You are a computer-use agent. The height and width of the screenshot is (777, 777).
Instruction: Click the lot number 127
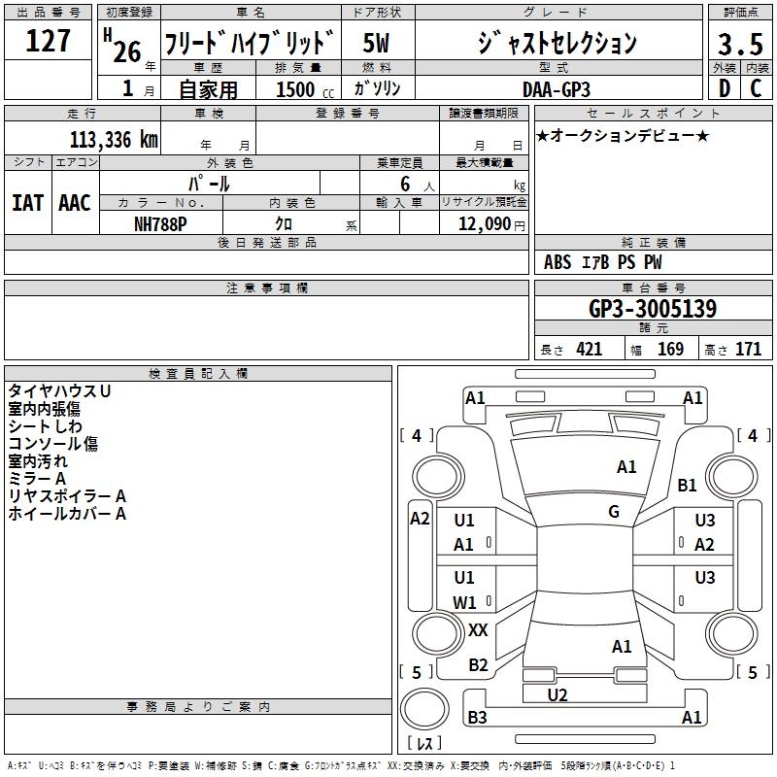(x=49, y=42)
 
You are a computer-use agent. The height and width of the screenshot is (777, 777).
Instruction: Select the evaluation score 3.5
(x=738, y=45)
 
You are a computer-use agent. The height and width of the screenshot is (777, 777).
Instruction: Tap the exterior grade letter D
(x=723, y=87)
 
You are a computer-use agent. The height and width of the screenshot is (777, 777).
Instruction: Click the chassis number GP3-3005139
(x=653, y=309)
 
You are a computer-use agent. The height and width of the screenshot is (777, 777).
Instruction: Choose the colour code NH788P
(x=160, y=222)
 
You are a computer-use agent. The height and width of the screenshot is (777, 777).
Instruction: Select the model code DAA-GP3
(x=556, y=88)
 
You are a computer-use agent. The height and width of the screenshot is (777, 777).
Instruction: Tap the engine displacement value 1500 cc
(x=300, y=88)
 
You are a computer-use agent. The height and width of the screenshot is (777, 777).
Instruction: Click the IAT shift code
(x=27, y=202)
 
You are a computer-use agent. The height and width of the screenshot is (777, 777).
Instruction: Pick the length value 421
(x=589, y=350)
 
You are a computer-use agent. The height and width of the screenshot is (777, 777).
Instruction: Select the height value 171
(x=748, y=350)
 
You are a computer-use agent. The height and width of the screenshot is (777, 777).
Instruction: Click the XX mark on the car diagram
(x=478, y=630)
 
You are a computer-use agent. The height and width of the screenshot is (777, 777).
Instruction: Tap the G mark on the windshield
(x=614, y=511)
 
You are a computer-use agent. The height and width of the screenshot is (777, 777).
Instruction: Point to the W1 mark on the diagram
(x=464, y=602)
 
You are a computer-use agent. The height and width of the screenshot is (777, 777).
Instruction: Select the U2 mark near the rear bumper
(x=557, y=694)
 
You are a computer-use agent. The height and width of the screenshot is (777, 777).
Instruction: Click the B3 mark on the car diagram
(x=477, y=718)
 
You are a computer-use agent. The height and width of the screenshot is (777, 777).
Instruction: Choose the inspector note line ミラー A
(x=37, y=479)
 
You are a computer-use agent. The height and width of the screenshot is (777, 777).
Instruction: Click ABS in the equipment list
(x=557, y=262)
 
